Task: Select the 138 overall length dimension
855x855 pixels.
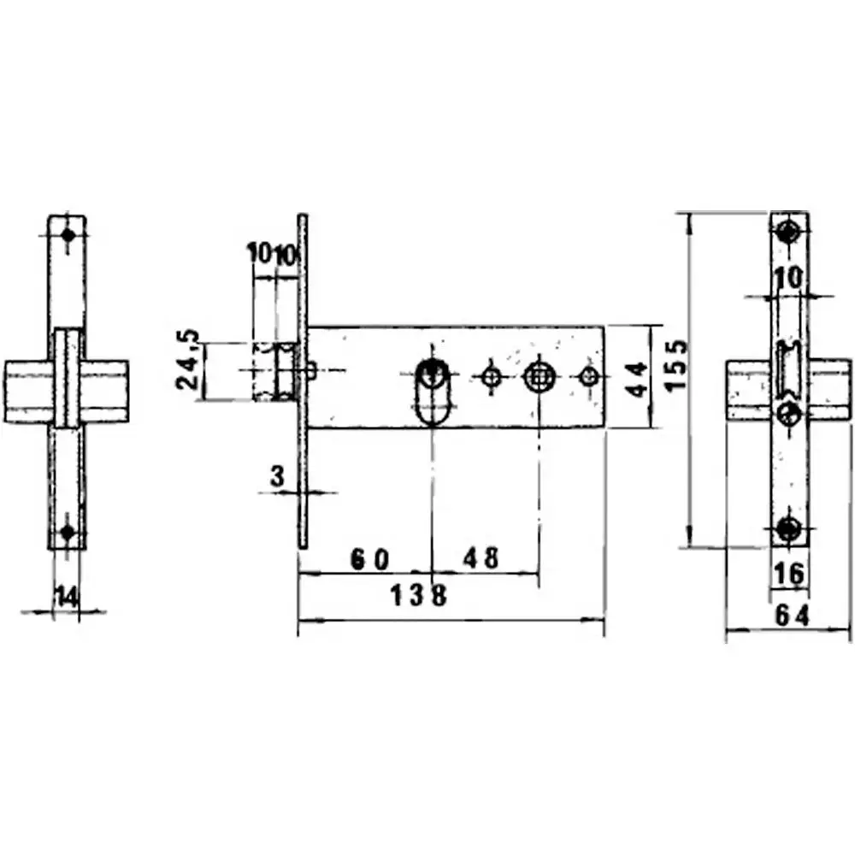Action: coord(419,595)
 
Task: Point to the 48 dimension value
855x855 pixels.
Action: coord(481,559)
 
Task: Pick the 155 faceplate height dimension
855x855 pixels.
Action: coord(675,365)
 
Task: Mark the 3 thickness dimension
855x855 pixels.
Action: coord(277,477)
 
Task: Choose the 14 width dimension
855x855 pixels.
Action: coord(66,596)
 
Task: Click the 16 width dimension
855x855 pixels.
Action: coord(787,574)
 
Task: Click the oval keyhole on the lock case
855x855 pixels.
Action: coord(433,392)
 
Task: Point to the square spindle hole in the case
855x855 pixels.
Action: coord(538,375)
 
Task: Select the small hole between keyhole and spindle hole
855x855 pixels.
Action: coord(491,375)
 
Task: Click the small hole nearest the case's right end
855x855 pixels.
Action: coord(587,375)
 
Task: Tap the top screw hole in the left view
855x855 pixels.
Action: coord(68,234)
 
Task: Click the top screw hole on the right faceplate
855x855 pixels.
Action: coord(788,231)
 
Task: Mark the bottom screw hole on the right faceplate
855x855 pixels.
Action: coord(788,528)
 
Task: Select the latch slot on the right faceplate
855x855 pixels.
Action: coord(785,370)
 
